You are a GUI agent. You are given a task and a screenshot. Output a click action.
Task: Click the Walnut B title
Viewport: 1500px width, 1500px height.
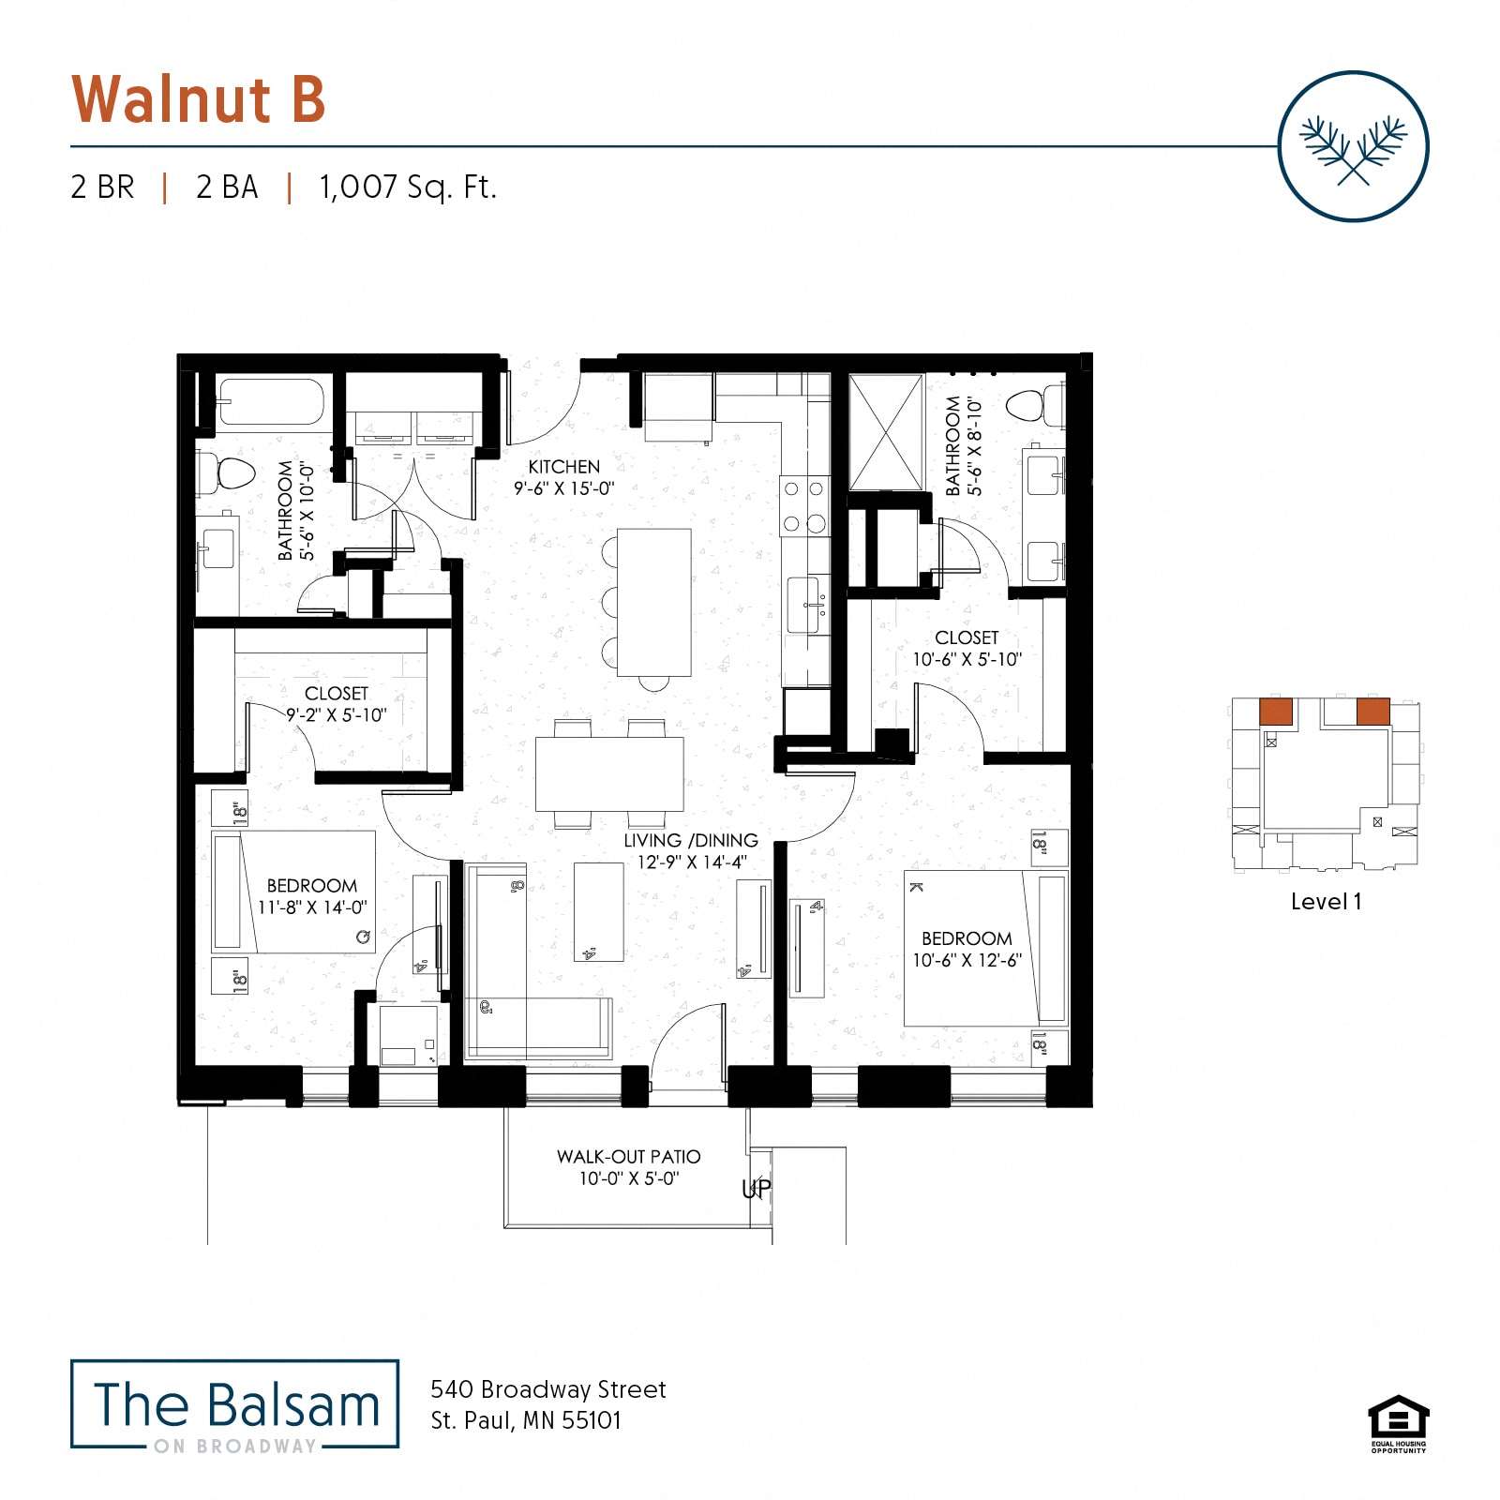[199, 99]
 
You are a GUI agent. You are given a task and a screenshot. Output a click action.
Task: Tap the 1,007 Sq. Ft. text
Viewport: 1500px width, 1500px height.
[408, 187]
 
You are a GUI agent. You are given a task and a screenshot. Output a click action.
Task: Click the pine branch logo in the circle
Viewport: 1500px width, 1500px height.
[1353, 147]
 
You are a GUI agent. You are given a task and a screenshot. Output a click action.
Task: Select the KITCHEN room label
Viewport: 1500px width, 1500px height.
[563, 467]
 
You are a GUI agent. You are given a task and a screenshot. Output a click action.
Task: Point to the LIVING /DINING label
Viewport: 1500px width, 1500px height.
[691, 841]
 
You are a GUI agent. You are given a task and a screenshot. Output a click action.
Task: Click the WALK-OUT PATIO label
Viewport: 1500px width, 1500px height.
[628, 1157]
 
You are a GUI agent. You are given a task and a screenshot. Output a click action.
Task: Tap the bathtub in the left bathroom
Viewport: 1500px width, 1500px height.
[271, 401]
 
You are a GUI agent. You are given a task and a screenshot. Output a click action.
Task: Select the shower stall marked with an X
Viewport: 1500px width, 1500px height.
[886, 431]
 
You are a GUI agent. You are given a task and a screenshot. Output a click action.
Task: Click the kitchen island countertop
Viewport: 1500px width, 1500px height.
[653, 602]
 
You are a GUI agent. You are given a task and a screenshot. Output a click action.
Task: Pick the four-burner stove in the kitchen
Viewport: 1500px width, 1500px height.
[804, 506]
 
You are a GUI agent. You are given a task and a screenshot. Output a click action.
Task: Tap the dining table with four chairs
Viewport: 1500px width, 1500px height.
[609, 773]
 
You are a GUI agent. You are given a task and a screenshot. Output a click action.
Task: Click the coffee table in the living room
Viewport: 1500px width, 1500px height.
[598, 911]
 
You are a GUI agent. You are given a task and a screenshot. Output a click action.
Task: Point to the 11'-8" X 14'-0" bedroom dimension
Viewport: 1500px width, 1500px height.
[312, 907]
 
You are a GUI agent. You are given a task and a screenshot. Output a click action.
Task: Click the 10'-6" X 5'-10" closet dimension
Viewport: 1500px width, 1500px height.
[967, 660]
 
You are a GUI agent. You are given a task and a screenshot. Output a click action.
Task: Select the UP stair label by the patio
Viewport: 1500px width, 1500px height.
[756, 1189]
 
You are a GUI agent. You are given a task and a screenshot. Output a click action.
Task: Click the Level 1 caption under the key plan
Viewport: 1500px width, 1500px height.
[1326, 902]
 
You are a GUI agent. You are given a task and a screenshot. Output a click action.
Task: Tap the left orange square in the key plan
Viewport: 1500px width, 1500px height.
[1275, 711]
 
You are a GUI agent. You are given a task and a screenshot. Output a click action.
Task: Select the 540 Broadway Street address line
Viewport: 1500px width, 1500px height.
[547, 1389]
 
